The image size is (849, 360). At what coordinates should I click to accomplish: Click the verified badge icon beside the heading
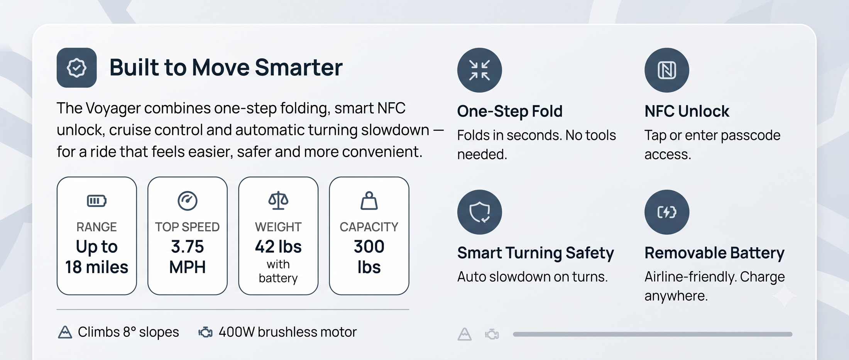76,68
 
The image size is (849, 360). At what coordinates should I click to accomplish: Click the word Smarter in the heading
299,68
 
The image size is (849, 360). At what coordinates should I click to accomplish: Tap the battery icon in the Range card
96,201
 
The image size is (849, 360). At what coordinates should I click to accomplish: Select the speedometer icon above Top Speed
188,201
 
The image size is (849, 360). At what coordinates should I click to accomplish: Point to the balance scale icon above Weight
278,201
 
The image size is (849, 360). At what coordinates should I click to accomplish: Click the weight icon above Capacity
369,201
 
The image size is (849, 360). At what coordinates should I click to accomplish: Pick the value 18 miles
96,267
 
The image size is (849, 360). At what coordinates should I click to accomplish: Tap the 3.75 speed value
188,247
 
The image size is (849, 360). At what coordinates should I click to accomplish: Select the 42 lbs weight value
278,247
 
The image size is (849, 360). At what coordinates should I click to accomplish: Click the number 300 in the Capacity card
369,247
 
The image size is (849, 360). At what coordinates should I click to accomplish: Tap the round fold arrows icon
480,70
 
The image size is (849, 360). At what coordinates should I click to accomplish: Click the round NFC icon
667,70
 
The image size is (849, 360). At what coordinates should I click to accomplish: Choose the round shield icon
480,212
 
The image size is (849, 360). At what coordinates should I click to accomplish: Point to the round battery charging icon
667,212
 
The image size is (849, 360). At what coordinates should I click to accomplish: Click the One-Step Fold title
510,111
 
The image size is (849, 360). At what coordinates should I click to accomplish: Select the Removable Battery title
714,253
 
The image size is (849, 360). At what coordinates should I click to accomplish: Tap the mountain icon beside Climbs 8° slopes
65,332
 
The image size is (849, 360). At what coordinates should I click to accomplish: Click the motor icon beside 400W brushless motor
205,332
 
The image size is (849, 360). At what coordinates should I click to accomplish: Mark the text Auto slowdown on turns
533,277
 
